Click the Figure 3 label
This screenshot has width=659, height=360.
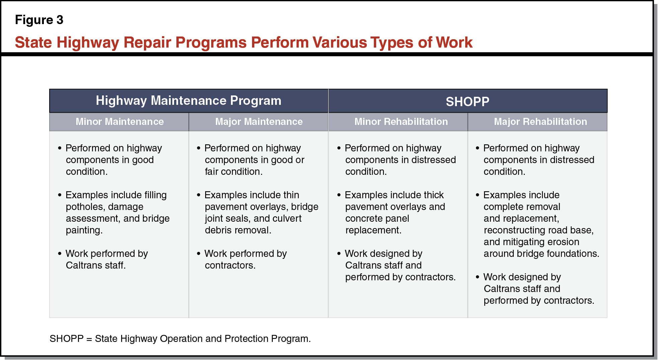coord(39,20)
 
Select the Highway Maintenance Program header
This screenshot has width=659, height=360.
coord(188,100)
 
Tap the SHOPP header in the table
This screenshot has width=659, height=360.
coord(467,101)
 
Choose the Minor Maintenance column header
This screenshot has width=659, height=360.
coord(119,122)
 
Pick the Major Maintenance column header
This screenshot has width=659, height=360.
coord(259,122)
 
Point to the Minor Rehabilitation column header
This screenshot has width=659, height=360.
coord(401,122)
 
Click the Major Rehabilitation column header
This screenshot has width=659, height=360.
coord(540,122)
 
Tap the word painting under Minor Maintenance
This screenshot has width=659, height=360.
coord(84,230)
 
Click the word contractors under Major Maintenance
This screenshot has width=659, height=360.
coord(230,265)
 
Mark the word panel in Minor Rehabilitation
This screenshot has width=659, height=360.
coord(397,218)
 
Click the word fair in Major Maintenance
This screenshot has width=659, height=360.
coord(212,171)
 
